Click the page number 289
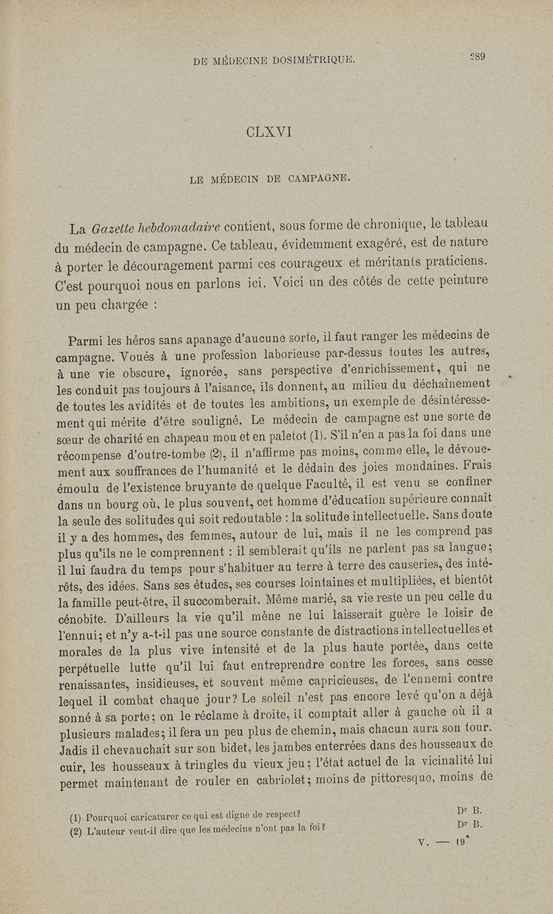(473, 59)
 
